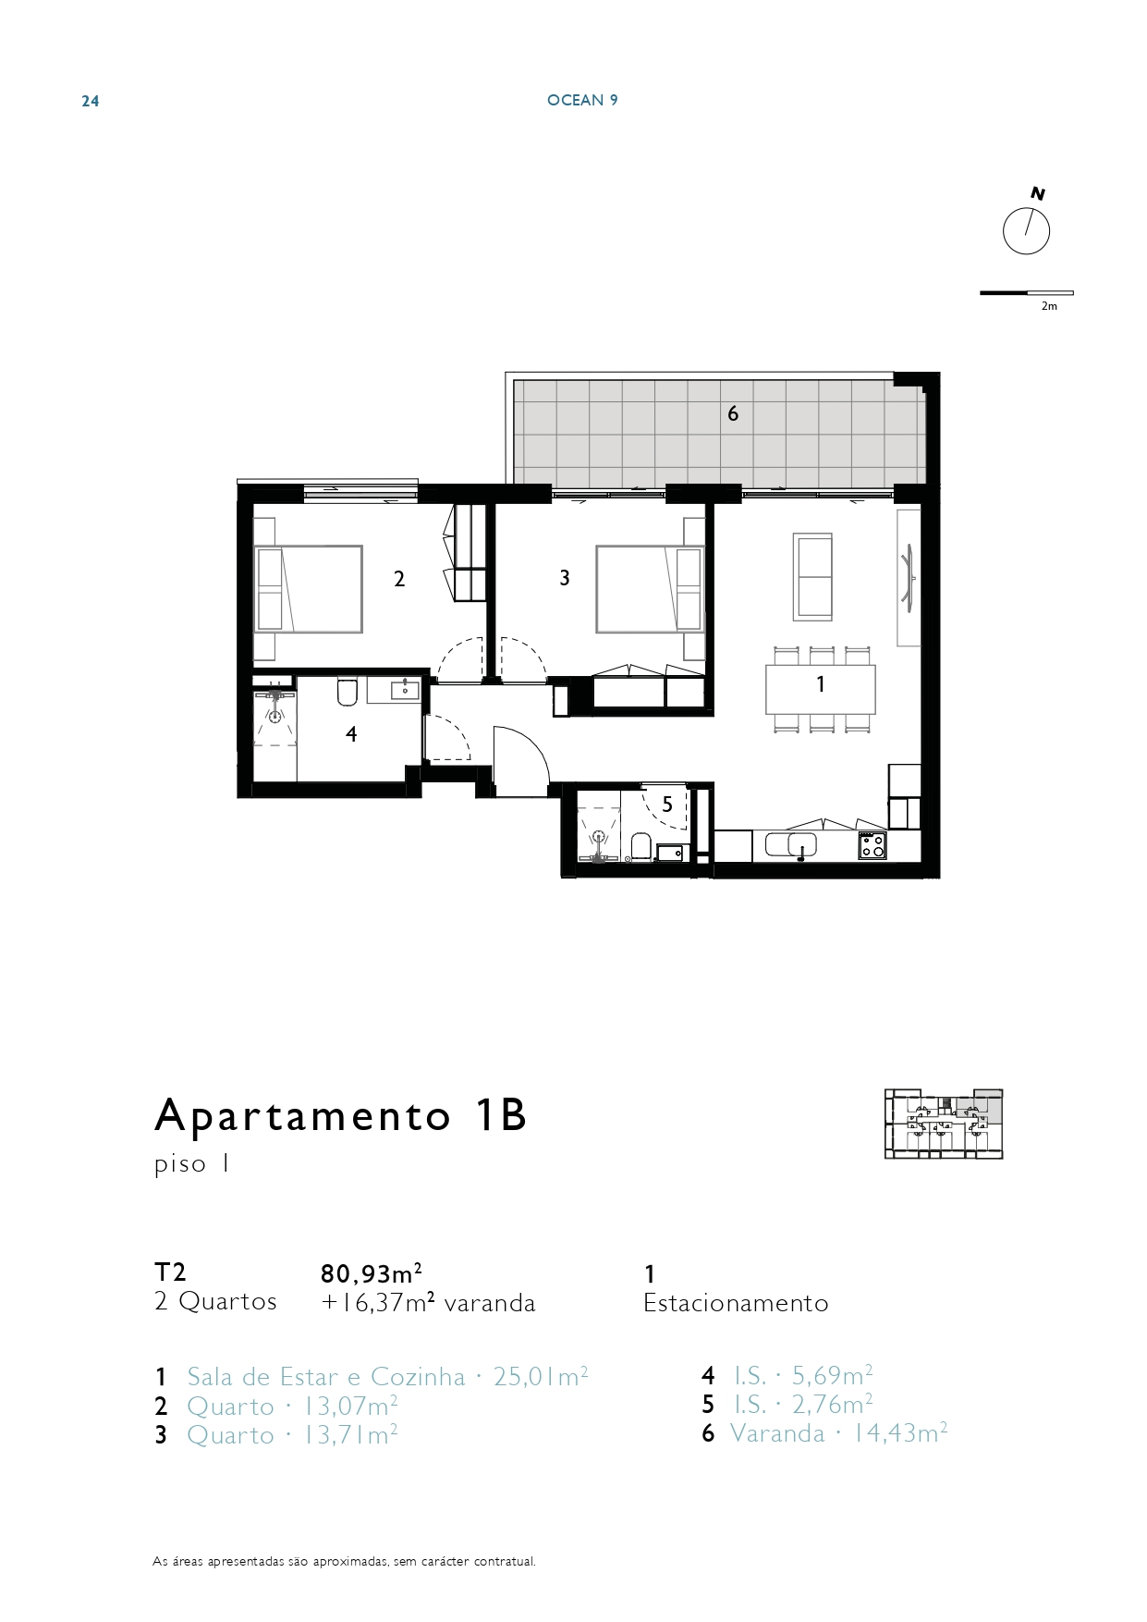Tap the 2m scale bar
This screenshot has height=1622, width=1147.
coord(1027,293)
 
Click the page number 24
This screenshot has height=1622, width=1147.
coord(91,101)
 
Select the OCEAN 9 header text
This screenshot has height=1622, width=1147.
coord(582,100)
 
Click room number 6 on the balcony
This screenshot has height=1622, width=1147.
coord(733,413)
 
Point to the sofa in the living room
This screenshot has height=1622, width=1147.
coord(812,576)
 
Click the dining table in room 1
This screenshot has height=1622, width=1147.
coord(821,689)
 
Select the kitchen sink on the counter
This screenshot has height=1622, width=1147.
coord(801,844)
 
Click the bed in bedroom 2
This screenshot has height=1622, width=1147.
coord(308,589)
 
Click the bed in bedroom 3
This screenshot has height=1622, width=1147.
coord(650,589)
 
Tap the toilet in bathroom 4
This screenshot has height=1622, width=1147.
coord(348,692)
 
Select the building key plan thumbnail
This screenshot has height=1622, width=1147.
coord(944,1124)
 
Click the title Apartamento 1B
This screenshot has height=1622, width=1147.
coord(340,1115)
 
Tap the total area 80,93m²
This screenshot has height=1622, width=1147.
coord(372,1273)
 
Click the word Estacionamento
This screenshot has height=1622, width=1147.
coord(736,1303)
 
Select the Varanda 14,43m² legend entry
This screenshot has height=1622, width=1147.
coord(838,1433)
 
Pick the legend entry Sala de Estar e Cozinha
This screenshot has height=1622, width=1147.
coord(326,1377)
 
